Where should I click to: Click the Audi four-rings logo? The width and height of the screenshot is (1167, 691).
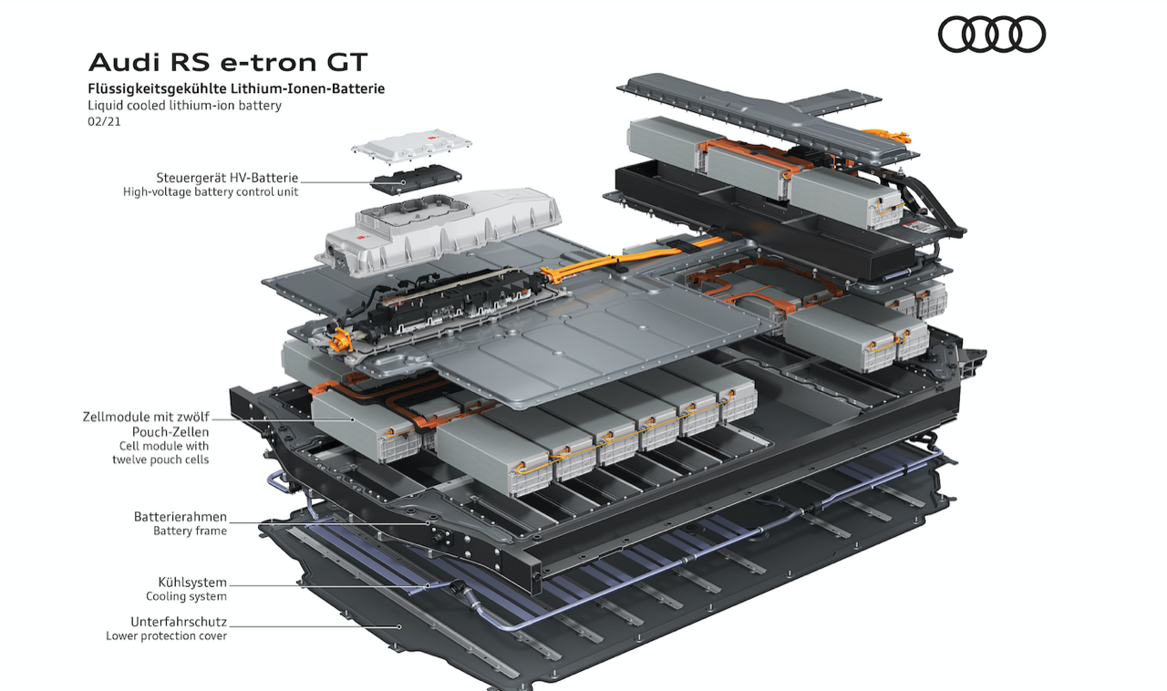[991, 35]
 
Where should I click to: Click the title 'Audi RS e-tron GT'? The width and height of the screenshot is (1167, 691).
[228, 63]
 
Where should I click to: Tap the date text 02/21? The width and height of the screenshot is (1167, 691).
[104, 121]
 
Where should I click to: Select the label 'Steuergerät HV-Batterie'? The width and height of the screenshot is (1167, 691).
[227, 178]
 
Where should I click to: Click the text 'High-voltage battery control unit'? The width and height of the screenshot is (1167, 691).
[211, 191]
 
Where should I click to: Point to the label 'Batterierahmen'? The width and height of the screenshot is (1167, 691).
[181, 516]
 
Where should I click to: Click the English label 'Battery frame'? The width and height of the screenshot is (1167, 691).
[191, 531]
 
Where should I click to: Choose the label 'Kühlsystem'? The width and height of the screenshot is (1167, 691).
[192, 583]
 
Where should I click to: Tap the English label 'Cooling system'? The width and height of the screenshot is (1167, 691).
[187, 596]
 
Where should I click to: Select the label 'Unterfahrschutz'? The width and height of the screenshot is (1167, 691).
[179, 622]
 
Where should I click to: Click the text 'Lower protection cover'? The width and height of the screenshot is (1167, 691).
[167, 635]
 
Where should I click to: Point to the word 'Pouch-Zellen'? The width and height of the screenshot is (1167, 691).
[170, 432]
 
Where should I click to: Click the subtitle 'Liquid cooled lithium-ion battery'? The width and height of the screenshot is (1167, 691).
[184, 105]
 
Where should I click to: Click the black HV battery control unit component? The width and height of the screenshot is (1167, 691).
[417, 179]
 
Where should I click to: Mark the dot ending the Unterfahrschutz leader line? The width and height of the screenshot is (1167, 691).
[399, 626]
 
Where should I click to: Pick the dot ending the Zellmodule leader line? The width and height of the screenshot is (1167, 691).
[353, 419]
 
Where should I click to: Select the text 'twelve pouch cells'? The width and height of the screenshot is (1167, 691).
[160, 459]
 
